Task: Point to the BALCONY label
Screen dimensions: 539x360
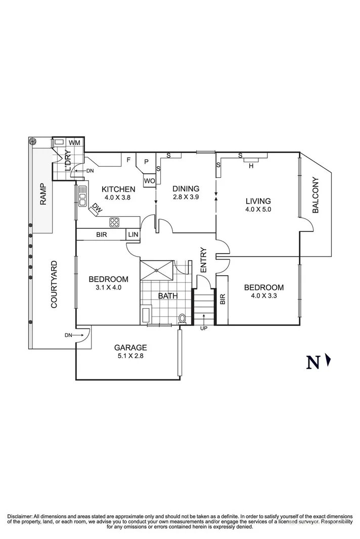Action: pyautogui.click(x=316, y=195)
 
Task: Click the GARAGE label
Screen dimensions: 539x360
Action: pyautogui.click(x=130, y=347)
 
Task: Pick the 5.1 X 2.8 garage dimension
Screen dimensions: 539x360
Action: pyautogui.click(x=130, y=356)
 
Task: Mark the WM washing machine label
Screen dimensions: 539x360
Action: pyautogui.click(x=74, y=143)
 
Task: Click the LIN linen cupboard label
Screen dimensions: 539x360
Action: pyautogui.click(x=133, y=234)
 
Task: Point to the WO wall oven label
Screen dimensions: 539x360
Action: pyautogui.click(x=149, y=181)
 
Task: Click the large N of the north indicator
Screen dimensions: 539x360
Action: pyautogui.click(x=313, y=362)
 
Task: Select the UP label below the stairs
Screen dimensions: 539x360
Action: pyautogui.click(x=204, y=329)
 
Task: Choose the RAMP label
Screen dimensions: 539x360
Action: pyautogui.click(x=43, y=194)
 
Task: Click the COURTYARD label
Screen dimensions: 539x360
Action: pyautogui.click(x=54, y=284)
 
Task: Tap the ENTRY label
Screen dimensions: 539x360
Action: pyautogui.click(x=203, y=260)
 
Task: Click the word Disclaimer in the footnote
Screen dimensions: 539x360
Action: pyautogui.click(x=19, y=516)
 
